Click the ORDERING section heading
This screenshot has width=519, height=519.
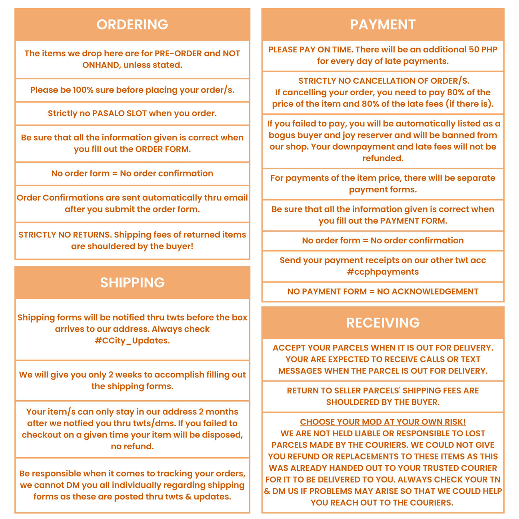tap(132, 25)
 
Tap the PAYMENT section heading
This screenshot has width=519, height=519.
tap(383, 25)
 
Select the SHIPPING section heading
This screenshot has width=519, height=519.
tap(132, 283)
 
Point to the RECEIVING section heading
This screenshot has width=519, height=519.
tap(383, 323)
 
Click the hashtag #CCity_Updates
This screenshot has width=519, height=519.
tap(132, 341)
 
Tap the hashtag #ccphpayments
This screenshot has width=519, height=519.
tap(383, 272)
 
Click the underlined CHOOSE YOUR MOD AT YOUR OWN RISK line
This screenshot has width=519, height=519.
tap(383, 422)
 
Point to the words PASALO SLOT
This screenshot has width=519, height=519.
tap(119, 114)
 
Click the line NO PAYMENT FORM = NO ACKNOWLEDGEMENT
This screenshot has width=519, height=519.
tap(383, 292)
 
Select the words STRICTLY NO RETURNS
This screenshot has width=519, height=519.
tap(65, 235)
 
